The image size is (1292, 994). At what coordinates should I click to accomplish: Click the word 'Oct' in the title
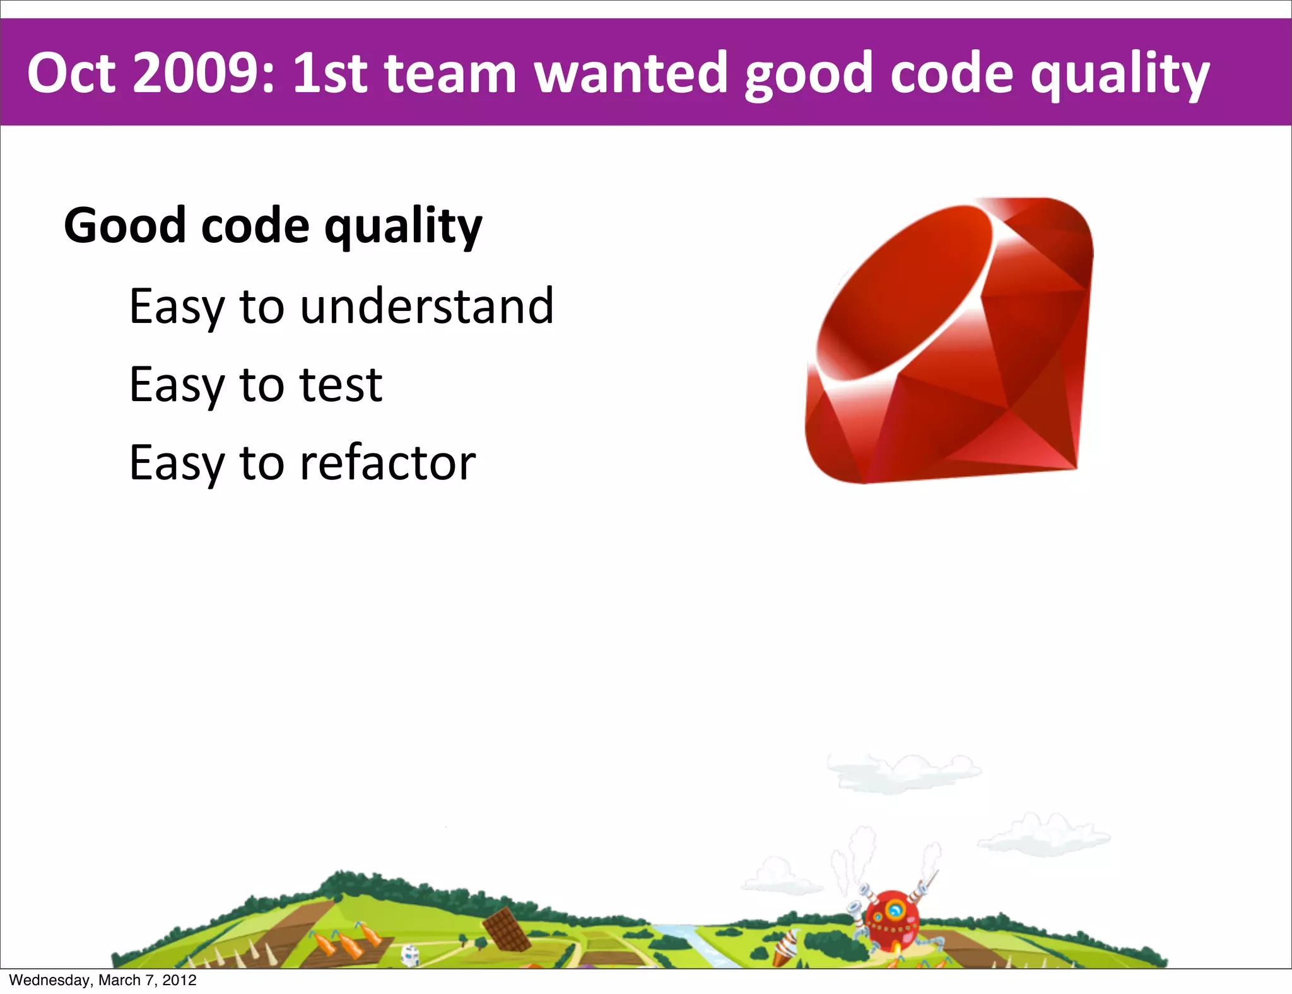pyautogui.click(x=71, y=74)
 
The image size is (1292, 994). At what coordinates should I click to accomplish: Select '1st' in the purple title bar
pyautogui.click(x=329, y=74)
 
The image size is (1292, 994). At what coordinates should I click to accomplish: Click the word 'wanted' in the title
pyautogui.click(x=630, y=74)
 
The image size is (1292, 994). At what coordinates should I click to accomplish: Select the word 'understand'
pyautogui.click(x=426, y=307)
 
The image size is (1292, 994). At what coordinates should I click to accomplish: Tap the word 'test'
pyautogui.click(x=341, y=385)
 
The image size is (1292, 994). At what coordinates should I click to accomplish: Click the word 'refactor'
pyautogui.click(x=387, y=463)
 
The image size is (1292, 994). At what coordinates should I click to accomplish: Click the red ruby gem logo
pyautogui.click(x=949, y=341)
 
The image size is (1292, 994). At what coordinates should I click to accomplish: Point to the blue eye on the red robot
pyautogui.click(x=895, y=909)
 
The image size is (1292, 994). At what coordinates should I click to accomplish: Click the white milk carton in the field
pyautogui.click(x=410, y=954)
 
